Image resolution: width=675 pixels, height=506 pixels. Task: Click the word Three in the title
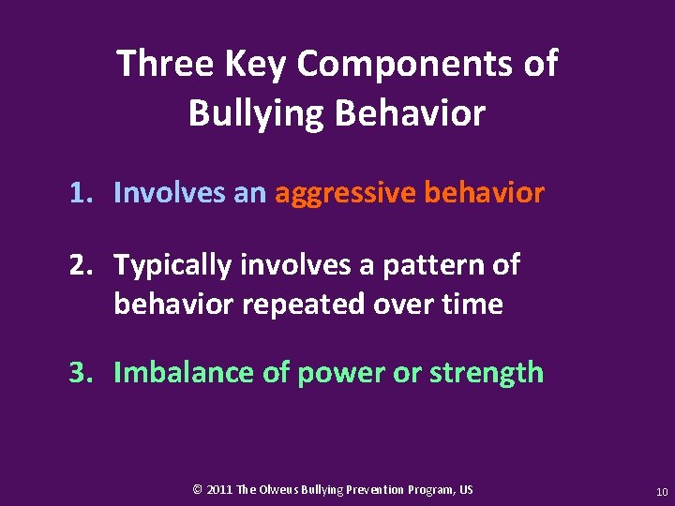pyautogui.click(x=164, y=64)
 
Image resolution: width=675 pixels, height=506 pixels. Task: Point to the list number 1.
pyautogui.click(x=81, y=193)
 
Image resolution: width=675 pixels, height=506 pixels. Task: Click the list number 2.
pyautogui.click(x=81, y=265)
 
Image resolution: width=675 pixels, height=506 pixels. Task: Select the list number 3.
pyautogui.click(x=81, y=372)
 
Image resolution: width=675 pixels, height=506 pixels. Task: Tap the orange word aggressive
pyautogui.click(x=344, y=194)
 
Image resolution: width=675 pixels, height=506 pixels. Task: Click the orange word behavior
pyautogui.click(x=484, y=193)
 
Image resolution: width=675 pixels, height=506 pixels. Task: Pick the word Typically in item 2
pyautogui.click(x=173, y=266)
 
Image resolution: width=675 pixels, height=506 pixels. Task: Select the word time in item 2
pyautogui.click(x=473, y=304)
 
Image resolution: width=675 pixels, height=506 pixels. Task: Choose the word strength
pyautogui.click(x=487, y=373)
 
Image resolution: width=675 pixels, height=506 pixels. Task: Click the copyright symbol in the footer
pyautogui.click(x=197, y=490)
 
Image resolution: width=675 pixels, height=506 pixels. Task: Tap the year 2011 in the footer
pyautogui.click(x=219, y=490)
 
